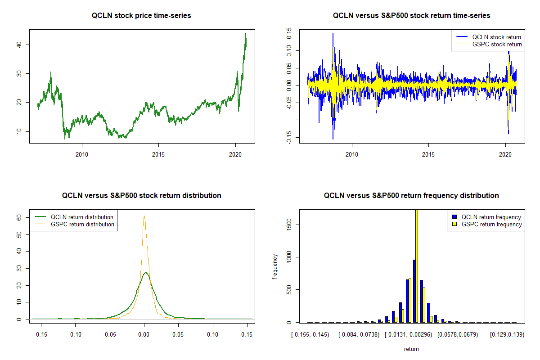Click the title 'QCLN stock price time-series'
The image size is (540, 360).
141,16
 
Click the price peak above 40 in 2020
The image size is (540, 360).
246,34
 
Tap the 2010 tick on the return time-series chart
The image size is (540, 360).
352,155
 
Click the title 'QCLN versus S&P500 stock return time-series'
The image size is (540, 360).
411,16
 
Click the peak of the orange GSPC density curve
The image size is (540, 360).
144,216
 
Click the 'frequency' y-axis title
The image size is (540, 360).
275,266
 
